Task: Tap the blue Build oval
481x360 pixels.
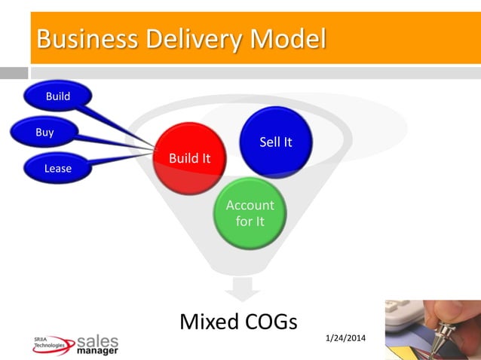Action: tap(58, 96)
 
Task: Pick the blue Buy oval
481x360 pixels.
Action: tap(44, 133)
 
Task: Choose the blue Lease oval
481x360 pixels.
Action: tap(58, 168)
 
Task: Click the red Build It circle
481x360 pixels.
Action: tap(189, 158)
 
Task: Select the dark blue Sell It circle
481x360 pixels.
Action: tap(275, 142)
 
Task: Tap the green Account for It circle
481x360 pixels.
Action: tap(250, 213)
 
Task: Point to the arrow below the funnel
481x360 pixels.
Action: tap(241, 288)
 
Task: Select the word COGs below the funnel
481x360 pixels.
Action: tap(271, 322)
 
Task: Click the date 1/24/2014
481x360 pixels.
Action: tap(345, 337)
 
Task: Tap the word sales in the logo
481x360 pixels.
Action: tap(98, 340)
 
